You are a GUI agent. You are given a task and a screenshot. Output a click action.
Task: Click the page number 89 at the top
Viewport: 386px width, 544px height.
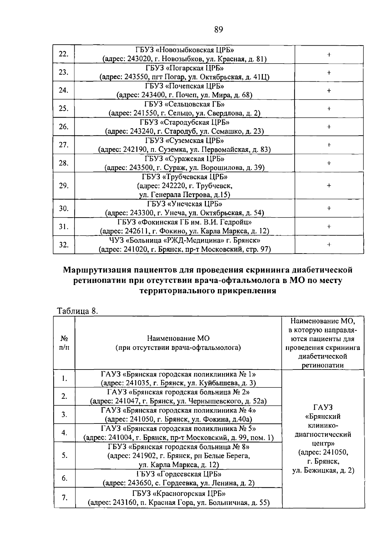[x=218, y=30]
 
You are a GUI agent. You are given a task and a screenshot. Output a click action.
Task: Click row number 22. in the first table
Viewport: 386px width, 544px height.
[x=64, y=54]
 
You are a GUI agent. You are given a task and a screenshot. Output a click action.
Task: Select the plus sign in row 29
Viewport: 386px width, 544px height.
[x=329, y=185]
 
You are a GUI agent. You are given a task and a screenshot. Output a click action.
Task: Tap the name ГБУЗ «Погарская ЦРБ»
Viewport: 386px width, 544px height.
[x=184, y=68]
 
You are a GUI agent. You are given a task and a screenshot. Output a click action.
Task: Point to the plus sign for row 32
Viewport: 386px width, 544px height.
[x=329, y=245]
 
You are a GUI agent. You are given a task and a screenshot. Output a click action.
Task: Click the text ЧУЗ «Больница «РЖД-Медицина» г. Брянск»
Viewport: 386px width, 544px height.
[x=184, y=240]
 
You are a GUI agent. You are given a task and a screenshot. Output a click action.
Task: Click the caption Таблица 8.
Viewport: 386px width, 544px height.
[x=77, y=311]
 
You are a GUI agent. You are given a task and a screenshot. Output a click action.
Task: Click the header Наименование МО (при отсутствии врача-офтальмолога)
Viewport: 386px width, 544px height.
[x=178, y=343]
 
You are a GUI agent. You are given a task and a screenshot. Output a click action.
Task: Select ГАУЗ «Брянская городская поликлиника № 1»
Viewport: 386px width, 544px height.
[x=178, y=374]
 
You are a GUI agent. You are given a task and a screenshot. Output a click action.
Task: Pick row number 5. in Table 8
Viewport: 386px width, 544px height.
[x=64, y=455]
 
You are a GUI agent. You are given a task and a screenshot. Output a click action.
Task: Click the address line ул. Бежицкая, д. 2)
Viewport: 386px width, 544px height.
[x=323, y=470]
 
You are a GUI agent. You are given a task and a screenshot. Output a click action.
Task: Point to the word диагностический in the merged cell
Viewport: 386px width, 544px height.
[x=323, y=434]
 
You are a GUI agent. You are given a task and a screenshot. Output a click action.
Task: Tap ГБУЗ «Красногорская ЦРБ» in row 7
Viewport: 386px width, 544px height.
[x=179, y=494]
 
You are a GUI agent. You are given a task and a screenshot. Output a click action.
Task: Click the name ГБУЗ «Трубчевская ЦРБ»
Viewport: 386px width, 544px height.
[x=184, y=177]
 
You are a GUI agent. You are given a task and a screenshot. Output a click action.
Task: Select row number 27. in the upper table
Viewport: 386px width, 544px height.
[x=64, y=145]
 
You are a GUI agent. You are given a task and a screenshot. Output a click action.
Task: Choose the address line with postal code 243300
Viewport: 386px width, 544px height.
[x=184, y=213]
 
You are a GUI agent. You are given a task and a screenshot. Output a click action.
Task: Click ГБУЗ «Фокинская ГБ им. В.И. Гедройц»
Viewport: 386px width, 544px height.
[x=184, y=222]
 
